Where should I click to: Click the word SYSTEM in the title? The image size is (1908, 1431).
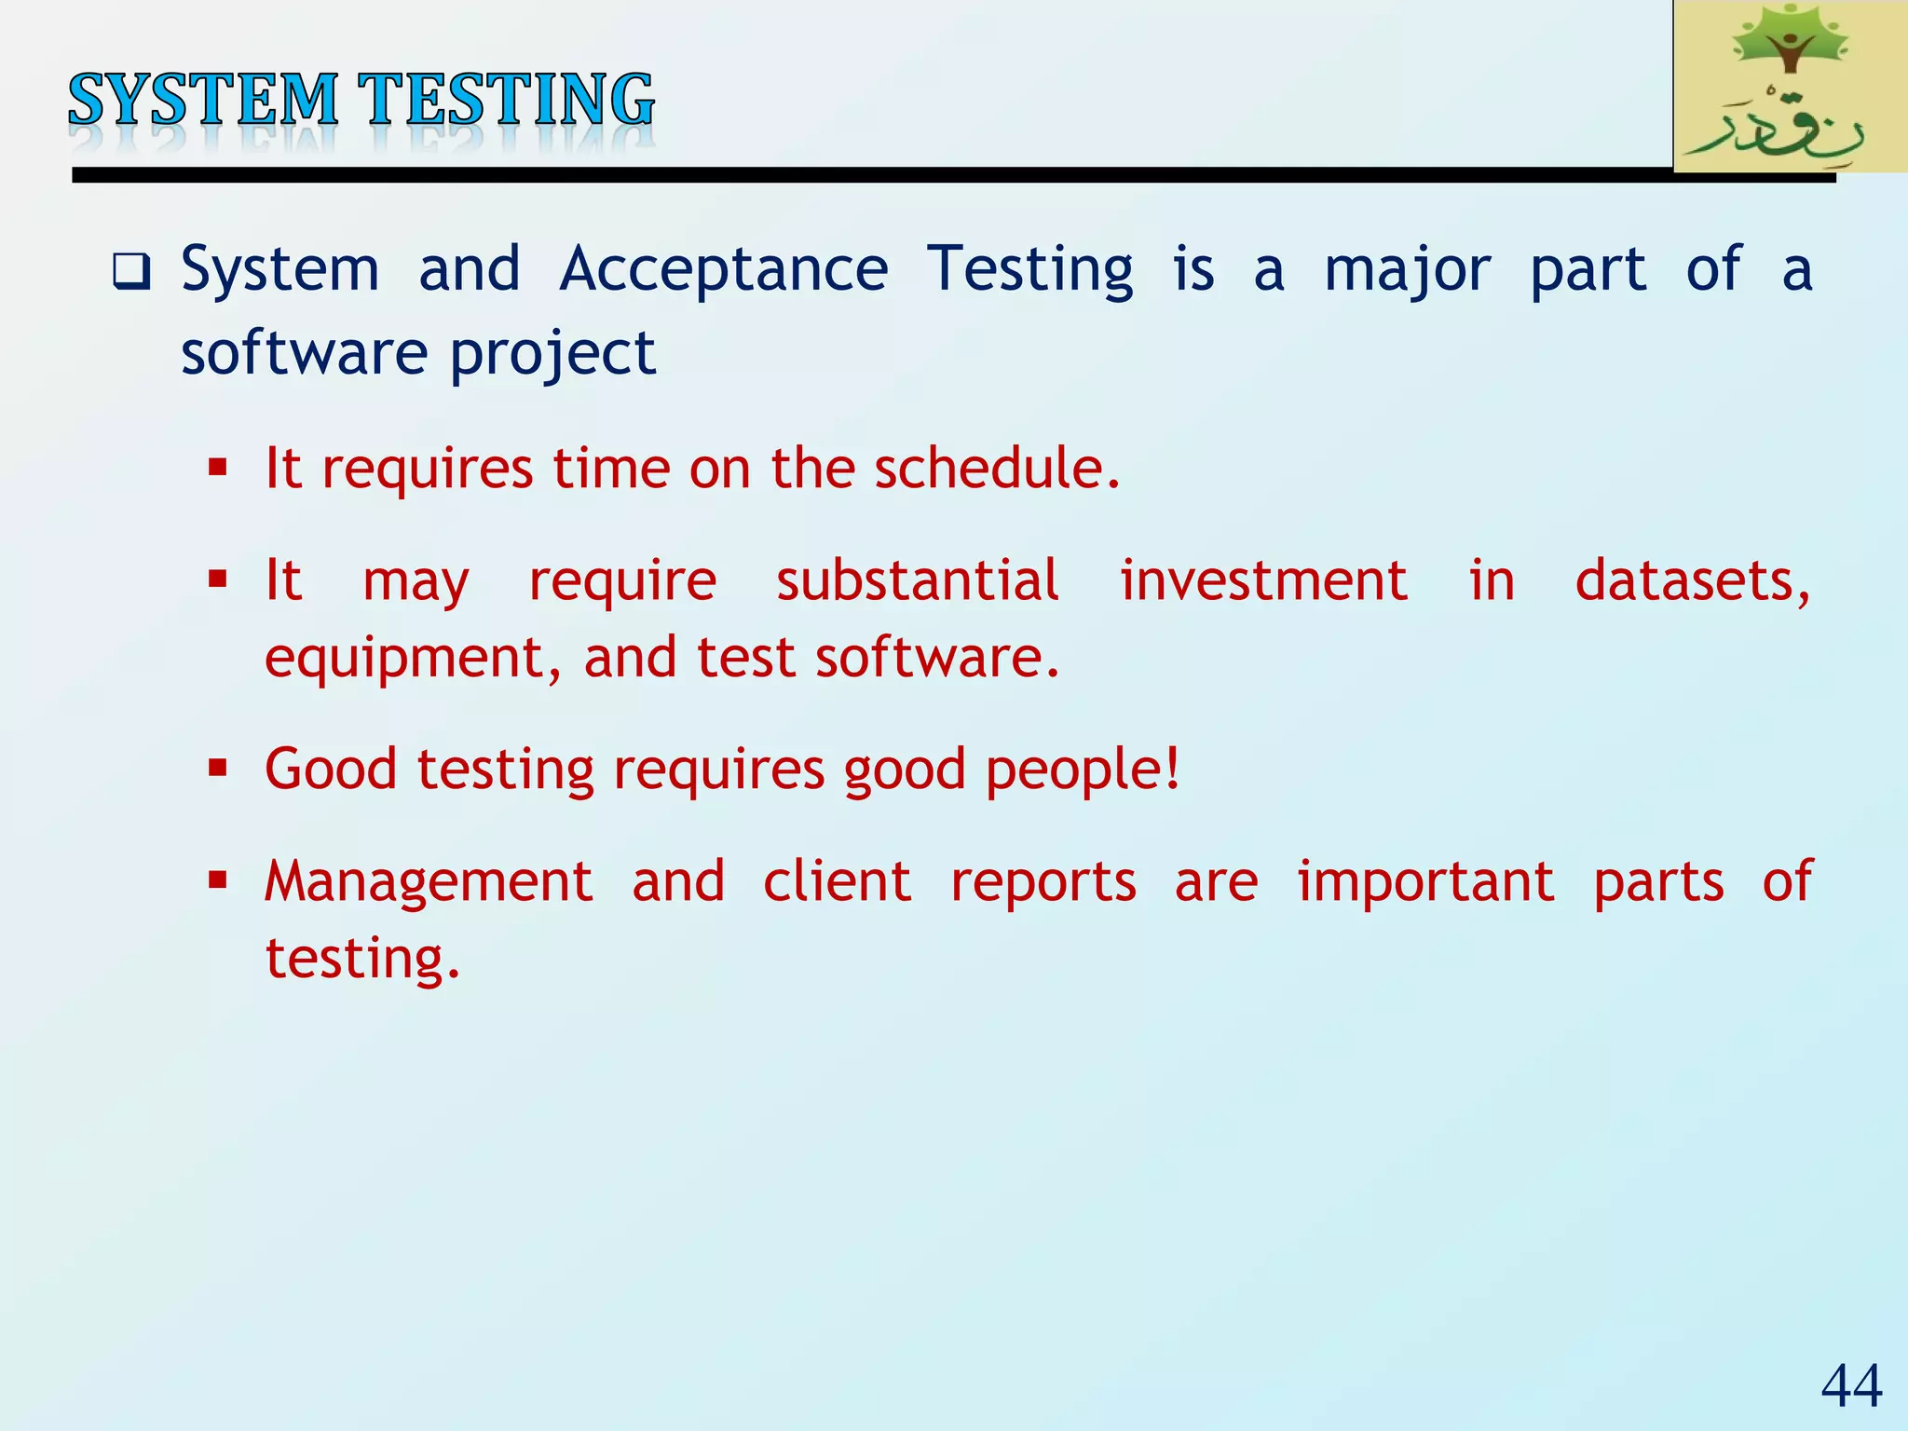pyautogui.click(x=202, y=100)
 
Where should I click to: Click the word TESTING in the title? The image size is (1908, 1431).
pyautogui.click(x=509, y=100)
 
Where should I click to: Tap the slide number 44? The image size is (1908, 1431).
pyautogui.click(x=1851, y=1385)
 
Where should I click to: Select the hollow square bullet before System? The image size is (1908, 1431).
pyautogui.click(x=131, y=272)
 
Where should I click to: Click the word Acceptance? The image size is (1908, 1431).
pyautogui.click(x=723, y=269)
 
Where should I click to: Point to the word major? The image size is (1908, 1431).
pyautogui.click(x=1407, y=271)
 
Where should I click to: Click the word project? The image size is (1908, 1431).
pyautogui.click(x=553, y=355)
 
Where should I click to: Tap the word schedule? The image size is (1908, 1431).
pyautogui.click(x=996, y=468)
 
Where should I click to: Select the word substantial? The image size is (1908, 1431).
pyautogui.click(x=917, y=580)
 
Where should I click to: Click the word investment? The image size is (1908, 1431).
pyautogui.click(x=1262, y=580)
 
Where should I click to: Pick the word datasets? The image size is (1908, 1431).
pyautogui.click(x=1691, y=580)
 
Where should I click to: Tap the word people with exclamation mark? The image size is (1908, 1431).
pyautogui.click(x=1083, y=770)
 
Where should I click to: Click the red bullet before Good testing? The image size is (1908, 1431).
pyautogui.click(x=218, y=769)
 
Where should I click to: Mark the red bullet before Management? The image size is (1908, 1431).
pyautogui.click(x=218, y=879)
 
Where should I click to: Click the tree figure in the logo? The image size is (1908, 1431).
pyautogui.click(x=1788, y=42)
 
